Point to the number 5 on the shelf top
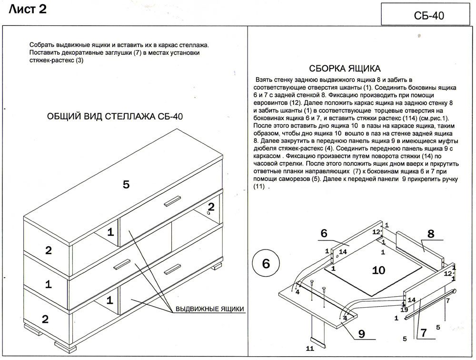(x=126, y=185)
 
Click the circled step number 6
(x=266, y=263)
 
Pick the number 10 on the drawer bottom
(x=378, y=270)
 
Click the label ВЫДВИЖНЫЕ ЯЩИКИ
(x=210, y=309)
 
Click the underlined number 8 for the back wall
(x=431, y=234)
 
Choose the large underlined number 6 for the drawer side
(x=324, y=233)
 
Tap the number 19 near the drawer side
(x=404, y=310)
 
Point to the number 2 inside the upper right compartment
(x=211, y=207)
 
